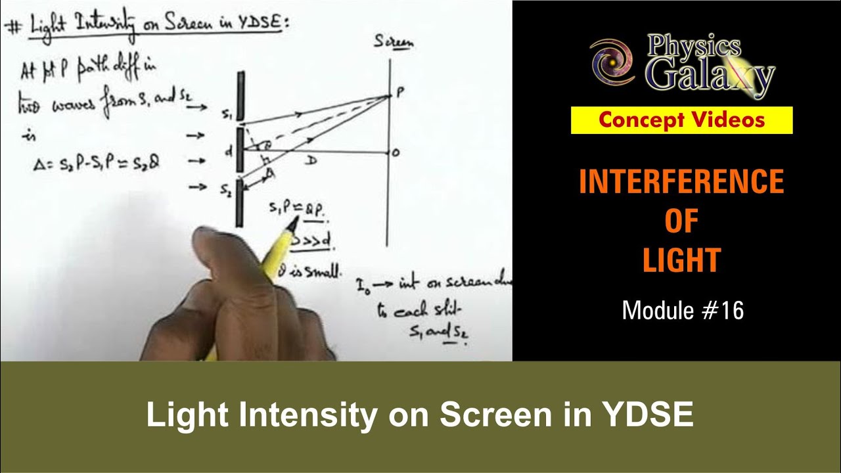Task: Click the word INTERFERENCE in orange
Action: pos(681,182)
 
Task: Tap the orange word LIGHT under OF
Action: pos(681,260)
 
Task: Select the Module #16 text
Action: pos(683,311)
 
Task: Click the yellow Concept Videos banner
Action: pos(681,120)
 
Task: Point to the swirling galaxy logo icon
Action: pos(611,62)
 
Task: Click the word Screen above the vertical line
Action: pos(394,43)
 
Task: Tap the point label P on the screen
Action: pos(399,94)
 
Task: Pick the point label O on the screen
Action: pos(396,152)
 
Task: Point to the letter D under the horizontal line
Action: pos(311,161)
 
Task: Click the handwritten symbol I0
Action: pos(363,286)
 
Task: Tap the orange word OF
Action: pos(681,222)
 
